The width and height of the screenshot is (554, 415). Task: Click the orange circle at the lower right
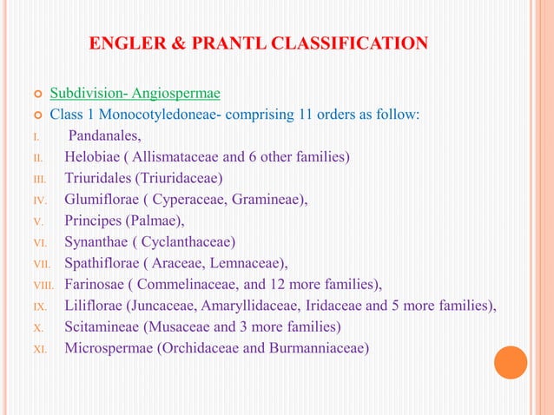coord(511,362)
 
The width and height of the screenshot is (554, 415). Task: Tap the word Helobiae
coord(92,157)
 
